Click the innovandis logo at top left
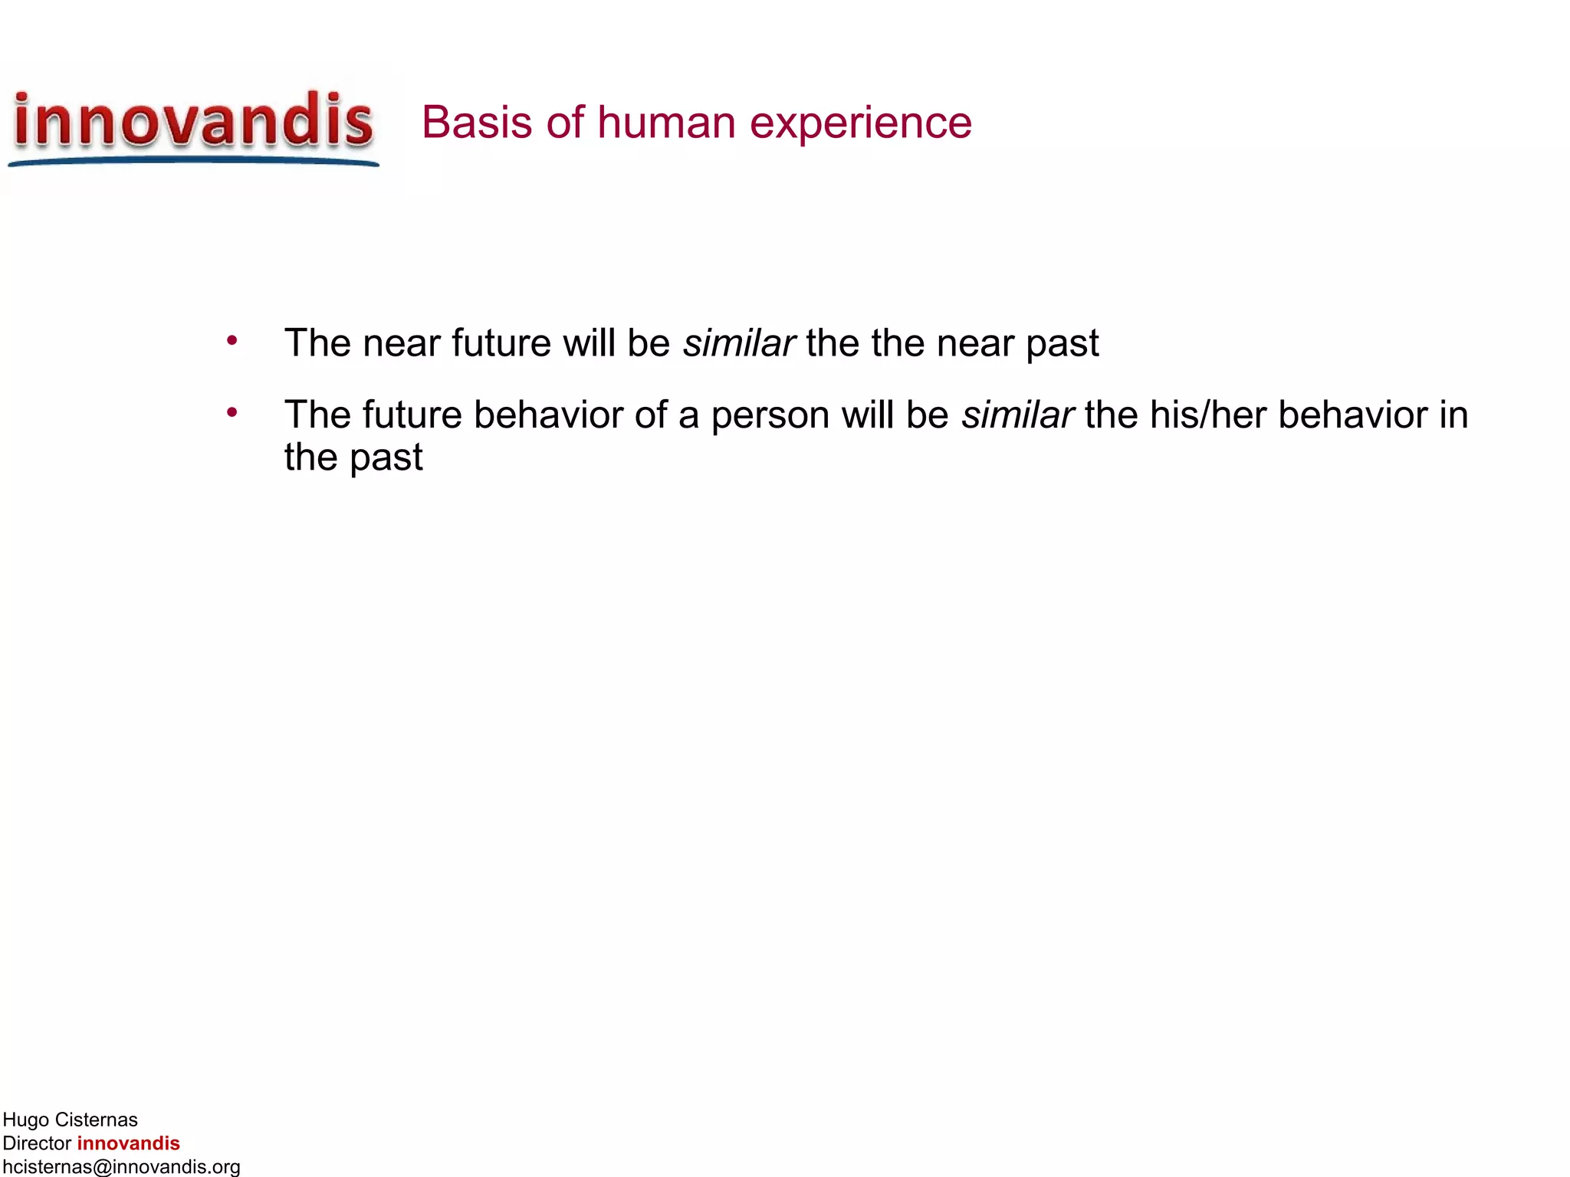tap(193, 123)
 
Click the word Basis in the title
tap(475, 123)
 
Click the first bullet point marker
tap(232, 340)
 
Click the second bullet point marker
tap(232, 413)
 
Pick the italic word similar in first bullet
tap(739, 343)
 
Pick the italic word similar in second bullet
tap(1017, 415)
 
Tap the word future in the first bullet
tap(501, 343)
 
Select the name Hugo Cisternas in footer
tap(70, 1120)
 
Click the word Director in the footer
tap(37, 1143)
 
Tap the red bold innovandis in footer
tap(128, 1143)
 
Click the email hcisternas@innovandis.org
tap(121, 1166)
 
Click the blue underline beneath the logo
tap(193, 161)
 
